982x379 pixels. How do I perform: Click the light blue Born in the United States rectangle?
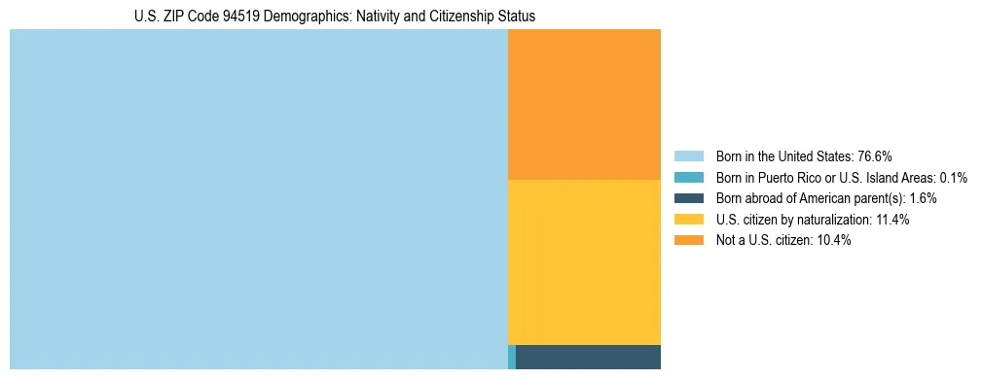tap(258, 199)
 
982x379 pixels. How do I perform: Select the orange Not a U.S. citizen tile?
tap(584, 104)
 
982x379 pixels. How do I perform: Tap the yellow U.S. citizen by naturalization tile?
tap(584, 262)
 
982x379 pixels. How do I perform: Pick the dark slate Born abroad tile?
tap(588, 357)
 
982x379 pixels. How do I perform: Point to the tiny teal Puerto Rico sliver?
tap(512, 357)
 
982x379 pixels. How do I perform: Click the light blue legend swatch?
tap(688, 155)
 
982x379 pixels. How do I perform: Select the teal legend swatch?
tap(688, 177)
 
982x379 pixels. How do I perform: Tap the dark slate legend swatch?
tap(688, 198)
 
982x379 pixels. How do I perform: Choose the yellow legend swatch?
tap(688, 220)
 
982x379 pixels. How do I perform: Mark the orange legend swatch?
tap(688, 240)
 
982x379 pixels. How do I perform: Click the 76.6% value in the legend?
tap(875, 155)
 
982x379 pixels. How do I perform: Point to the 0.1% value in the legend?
tap(953, 177)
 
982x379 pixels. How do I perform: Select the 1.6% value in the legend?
tap(924, 198)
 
